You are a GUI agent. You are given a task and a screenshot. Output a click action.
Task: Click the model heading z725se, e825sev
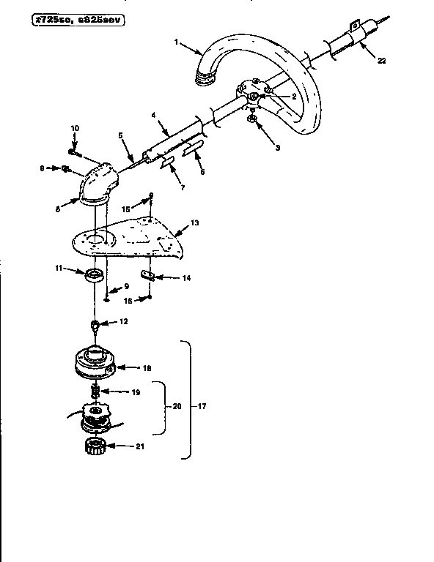click(x=73, y=20)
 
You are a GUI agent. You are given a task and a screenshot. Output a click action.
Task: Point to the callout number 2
click(x=273, y=96)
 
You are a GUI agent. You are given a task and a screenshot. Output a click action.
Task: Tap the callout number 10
click(x=74, y=130)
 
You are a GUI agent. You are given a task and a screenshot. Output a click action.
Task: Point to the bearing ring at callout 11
click(x=95, y=276)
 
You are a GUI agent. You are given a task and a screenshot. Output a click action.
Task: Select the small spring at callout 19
click(x=95, y=392)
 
